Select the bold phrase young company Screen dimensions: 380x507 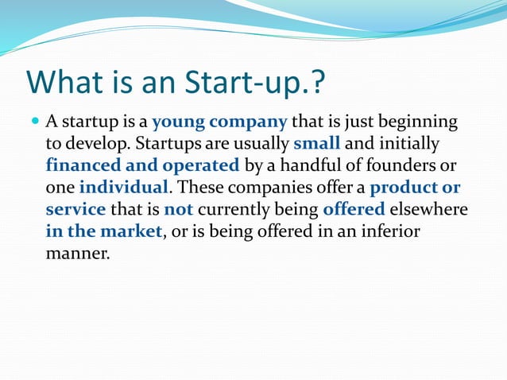(x=219, y=122)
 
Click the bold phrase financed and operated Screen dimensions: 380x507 (x=142, y=166)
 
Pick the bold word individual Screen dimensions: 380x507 (x=123, y=188)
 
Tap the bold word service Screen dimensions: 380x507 (x=75, y=211)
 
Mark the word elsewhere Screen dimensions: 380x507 (x=428, y=210)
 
